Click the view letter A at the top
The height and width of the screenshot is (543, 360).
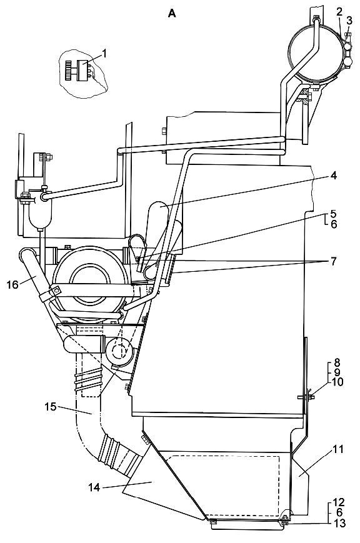(172, 14)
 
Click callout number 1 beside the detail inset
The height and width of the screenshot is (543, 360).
(104, 53)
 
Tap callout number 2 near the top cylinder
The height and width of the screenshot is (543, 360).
(339, 12)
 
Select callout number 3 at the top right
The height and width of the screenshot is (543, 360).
(349, 21)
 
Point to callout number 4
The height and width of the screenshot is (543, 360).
(333, 176)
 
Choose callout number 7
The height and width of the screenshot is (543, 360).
(333, 261)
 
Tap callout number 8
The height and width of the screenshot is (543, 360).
(336, 363)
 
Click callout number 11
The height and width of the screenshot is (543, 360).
(338, 450)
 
